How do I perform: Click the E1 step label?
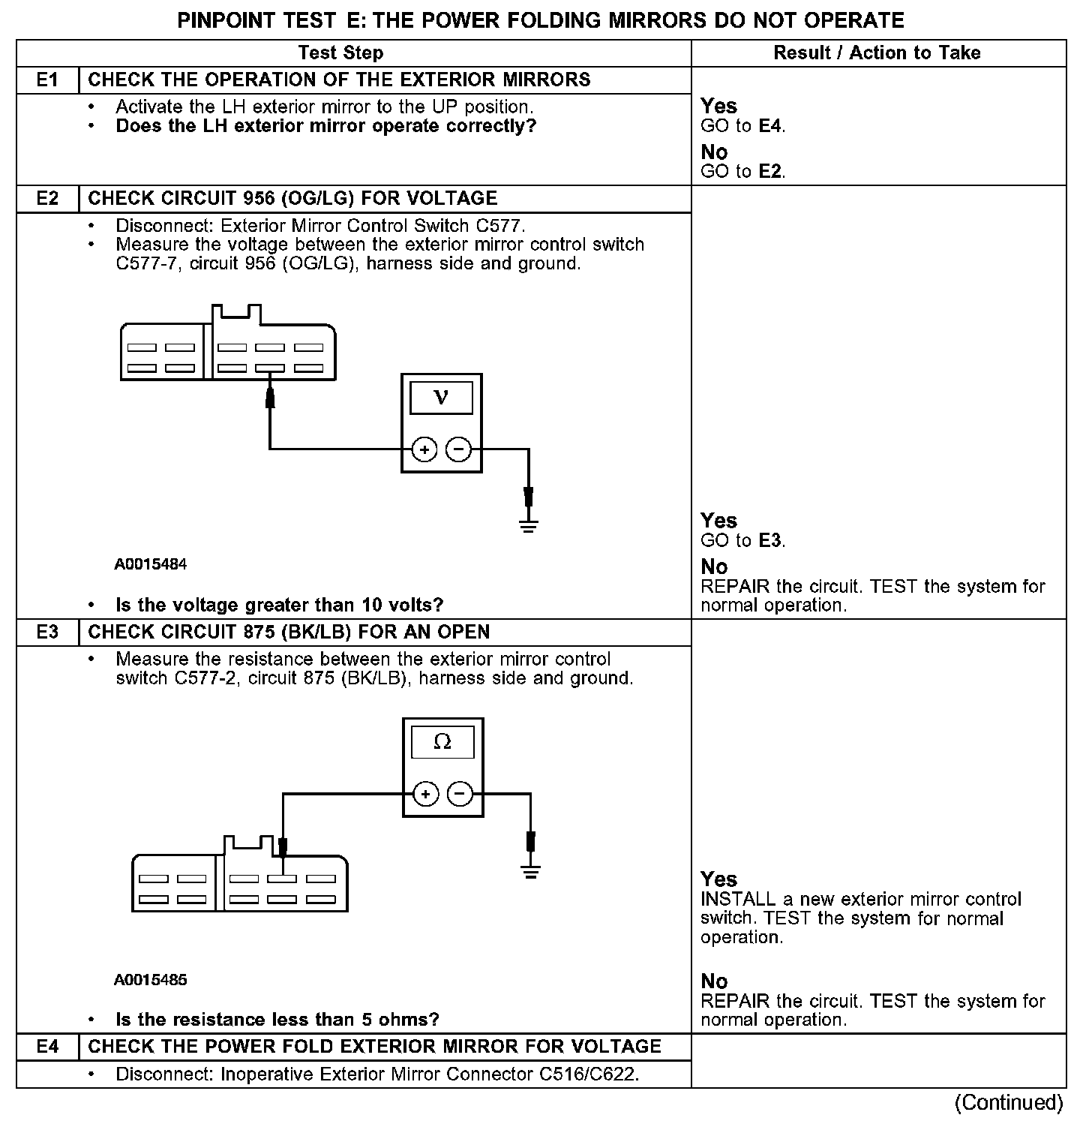click(47, 80)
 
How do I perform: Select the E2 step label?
click(47, 198)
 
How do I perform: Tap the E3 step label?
click(47, 632)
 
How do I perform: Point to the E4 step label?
click(47, 1046)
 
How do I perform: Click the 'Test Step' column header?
click(340, 53)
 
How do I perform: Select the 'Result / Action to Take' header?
click(877, 53)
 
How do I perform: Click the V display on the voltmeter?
click(442, 398)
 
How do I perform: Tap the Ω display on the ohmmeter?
click(442, 742)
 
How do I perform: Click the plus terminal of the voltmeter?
click(424, 449)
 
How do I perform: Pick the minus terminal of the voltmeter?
click(458, 449)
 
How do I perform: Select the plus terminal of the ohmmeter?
click(425, 793)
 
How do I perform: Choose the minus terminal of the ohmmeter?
click(460, 793)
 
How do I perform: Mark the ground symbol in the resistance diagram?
click(531, 870)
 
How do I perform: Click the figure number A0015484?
click(151, 564)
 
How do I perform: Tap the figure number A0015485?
click(151, 979)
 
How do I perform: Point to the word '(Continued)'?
click(1009, 1102)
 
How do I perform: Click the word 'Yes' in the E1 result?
click(718, 106)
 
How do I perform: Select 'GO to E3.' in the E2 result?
click(742, 540)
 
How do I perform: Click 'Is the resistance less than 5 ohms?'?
click(277, 1019)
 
